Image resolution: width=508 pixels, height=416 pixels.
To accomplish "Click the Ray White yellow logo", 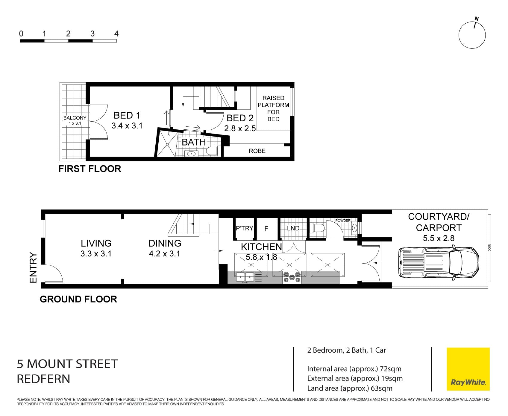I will coord(468,369).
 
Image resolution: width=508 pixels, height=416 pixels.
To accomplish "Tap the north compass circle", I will coord(472,35).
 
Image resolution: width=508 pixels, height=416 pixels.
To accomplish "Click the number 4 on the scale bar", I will coord(116,34).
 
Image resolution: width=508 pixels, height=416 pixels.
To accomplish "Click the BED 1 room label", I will coord(127,115).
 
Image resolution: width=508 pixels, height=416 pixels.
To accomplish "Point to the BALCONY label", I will coord(75,118).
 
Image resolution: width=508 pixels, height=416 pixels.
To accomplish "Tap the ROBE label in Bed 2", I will coord(257,151).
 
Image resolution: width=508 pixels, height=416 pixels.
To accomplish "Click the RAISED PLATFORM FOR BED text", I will coord(273,108).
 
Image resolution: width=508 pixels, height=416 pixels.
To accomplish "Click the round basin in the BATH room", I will coord(191,154).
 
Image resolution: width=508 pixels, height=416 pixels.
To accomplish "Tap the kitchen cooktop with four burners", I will coord(292,277).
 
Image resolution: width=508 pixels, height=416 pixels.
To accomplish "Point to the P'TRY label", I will coord(245,228).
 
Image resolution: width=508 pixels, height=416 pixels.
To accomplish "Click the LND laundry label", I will coord(293,228).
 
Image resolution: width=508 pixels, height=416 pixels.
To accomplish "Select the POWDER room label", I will coord(343,221).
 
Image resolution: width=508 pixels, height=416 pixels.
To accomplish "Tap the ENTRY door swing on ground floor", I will coord(54,273).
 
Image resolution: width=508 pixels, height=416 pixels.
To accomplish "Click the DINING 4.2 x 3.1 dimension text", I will coord(164,254).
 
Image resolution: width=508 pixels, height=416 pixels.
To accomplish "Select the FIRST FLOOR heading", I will coord(90,169).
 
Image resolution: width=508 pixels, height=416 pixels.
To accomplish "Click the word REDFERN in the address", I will coord(43,379).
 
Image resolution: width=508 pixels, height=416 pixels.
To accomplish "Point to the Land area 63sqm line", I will coord(350,388).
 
